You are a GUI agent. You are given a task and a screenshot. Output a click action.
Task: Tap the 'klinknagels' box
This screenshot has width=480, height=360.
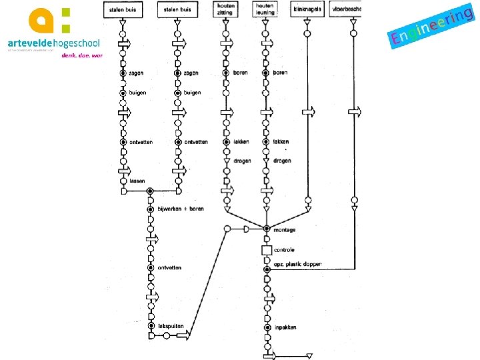pyautogui.click(x=307, y=9)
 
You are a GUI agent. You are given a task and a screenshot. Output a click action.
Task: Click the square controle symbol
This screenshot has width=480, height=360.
pyautogui.click(x=266, y=250)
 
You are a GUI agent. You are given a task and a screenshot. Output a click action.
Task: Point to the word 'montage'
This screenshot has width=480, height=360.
pyautogui.click(x=285, y=230)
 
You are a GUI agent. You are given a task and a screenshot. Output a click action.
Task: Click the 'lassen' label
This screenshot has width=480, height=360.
pyautogui.click(x=137, y=181)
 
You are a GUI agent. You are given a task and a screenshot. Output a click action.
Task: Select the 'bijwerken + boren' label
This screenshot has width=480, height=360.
pyautogui.click(x=181, y=209)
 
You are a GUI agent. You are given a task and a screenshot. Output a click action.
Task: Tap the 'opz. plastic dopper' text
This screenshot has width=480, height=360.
pyautogui.click(x=297, y=265)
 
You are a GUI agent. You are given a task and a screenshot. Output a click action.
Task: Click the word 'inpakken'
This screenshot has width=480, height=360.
pyautogui.click(x=285, y=327)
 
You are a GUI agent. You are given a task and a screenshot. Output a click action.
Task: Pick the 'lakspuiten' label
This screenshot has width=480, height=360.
pyautogui.click(x=170, y=326)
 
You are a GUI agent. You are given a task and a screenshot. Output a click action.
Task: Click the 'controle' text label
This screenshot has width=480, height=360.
pyautogui.click(x=284, y=250)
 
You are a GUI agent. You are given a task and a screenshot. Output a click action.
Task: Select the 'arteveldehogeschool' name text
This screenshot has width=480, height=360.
pyautogui.click(x=53, y=43)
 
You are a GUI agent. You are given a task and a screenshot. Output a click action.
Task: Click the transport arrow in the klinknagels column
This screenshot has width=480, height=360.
pyautogui.click(x=308, y=113)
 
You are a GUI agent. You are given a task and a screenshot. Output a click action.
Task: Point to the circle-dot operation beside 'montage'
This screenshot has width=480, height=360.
pyautogui.click(x=266, y=229)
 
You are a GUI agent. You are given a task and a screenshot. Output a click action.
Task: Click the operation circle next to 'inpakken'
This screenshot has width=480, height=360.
pyautogui.click(x=266, y=327)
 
